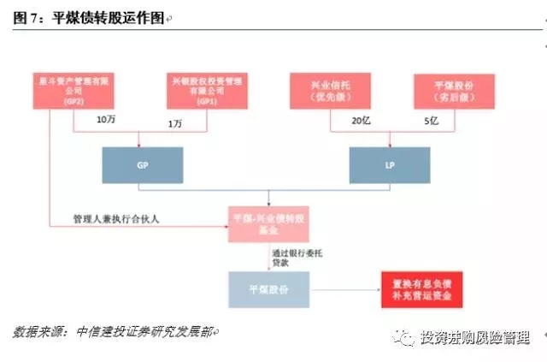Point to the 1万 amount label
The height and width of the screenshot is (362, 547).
(x=175, y=123)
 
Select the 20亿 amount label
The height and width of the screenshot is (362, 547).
(x=358, y=120)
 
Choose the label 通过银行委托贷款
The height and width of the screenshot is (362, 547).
(x=290, y=256)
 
